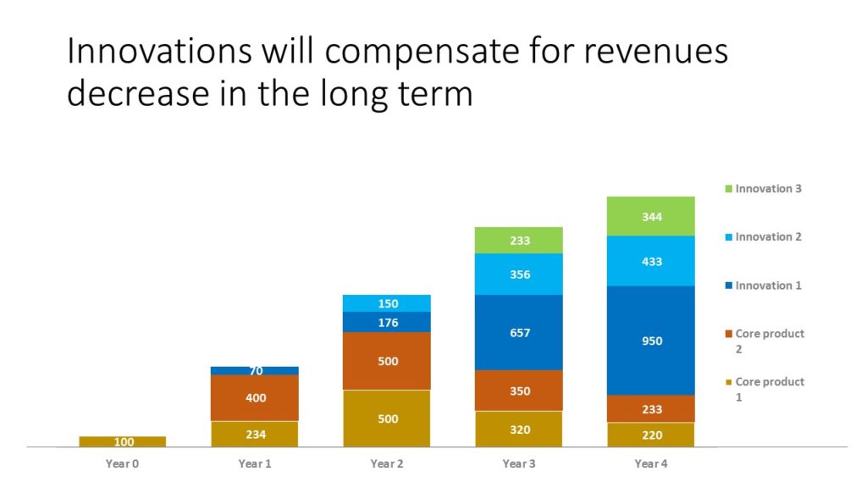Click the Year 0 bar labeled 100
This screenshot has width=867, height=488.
pyautogui.click(x=122, y=441)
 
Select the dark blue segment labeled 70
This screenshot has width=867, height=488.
pyautogui.click(x=254, y=371)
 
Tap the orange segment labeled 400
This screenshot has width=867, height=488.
pyautogui.click(x=254, y=398)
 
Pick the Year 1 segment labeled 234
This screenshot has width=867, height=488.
pyautogui.click(x=254, y=435)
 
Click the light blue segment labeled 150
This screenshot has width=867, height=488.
pyautogui.click(x=386, y=303)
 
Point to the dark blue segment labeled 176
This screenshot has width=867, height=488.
pyautogui.click(x=386, y=322)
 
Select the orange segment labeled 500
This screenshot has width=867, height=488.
pyautogui.click(x=386, y=361)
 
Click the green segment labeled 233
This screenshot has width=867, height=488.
pyautogui.click(x=519, y=240)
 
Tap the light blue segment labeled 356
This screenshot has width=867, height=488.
pyautogui.click(x=519, y=274)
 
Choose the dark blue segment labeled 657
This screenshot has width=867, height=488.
pyautogui.click(x=519, y=332)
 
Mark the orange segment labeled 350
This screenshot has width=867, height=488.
pyautogui.click(x=519, y=391)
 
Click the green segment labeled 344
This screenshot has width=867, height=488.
pyautogui.click(x=651, y=216)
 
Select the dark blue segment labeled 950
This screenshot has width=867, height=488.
pyautogui.click(x=651, y=341)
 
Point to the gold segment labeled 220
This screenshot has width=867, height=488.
pyautogui.click(x=651, y=435)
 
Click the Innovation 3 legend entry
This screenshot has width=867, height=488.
pyautogui.click(x=763, y=189)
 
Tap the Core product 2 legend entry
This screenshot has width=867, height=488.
pyautogui.click(x=765, y=341)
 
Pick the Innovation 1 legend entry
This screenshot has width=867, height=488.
pyautogui.click(x=763, y=286)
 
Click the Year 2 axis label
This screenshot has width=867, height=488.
pyautogui.click(x=386, y=463)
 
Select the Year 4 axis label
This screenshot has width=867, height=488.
pyautogui.click(x=651, y=463)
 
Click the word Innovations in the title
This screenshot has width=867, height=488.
pyautogui.click(x=160, y=51)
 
